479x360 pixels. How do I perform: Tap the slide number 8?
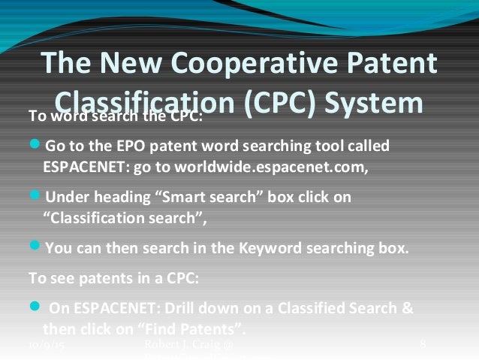tap(423, 345)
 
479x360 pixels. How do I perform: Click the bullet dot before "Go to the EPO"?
tap(34, 145)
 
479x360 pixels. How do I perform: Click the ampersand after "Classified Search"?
tap(406, 308)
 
